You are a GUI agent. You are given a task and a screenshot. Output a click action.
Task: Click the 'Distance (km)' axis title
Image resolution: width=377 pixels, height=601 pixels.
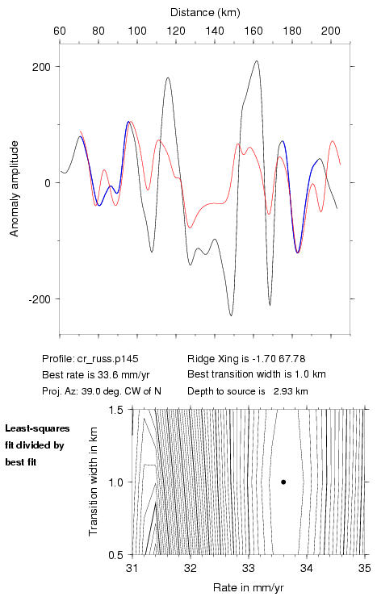click(205, 13)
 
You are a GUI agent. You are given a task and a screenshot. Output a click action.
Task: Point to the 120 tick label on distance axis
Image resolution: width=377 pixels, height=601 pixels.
click(176, 31)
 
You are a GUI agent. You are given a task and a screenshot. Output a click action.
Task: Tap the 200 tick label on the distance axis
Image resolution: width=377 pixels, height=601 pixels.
click(331, 31)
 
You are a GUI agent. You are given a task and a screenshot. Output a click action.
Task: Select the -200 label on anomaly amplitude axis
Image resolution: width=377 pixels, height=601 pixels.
click(40, 299)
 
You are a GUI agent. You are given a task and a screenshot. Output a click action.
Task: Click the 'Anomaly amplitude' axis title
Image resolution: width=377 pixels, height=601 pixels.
click(14, 189)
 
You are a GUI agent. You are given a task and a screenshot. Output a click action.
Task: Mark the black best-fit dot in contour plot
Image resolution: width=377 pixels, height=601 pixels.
click(283, 482)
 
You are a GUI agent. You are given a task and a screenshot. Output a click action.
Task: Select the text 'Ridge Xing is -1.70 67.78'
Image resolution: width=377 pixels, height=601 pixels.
click(246, 359)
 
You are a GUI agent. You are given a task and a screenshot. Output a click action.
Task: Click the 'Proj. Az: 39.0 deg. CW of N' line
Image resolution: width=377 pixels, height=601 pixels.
click(102, 391)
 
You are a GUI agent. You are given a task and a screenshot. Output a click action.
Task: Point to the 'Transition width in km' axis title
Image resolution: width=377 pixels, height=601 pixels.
click(94, 482)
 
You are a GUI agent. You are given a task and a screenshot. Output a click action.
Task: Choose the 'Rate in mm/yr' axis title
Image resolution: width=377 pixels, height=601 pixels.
click(249, 587)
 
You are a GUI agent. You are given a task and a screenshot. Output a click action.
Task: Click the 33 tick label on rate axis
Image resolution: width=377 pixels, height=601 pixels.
click(249, 568)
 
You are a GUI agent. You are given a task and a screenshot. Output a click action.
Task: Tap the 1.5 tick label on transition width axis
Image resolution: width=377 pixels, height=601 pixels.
click(115, 410)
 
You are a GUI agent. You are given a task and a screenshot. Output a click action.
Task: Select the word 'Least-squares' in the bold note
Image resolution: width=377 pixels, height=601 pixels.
click(37, 428)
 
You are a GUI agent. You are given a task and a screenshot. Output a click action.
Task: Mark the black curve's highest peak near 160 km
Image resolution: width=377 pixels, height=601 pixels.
click(257, 61)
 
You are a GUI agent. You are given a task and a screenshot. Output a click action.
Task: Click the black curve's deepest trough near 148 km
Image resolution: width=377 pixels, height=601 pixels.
click(231, 315)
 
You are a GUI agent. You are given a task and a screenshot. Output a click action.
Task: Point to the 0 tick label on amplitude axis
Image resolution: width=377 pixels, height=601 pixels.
click(48, 183)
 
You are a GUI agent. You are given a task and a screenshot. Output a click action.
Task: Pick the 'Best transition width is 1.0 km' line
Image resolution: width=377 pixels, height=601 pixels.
click(257, 374)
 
